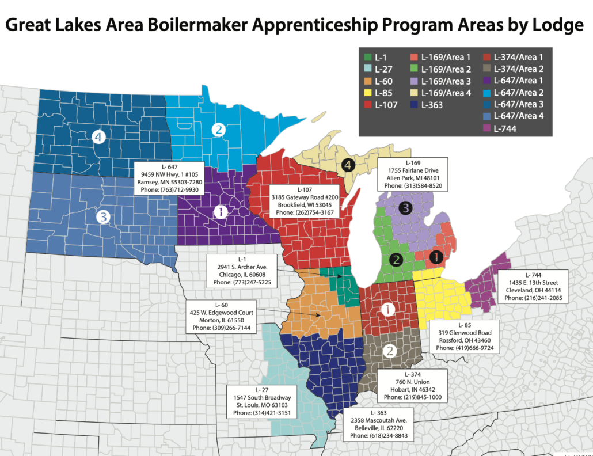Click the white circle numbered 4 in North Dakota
coord(99,137)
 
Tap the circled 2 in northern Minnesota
coord(218,130)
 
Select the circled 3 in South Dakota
coord(103,216)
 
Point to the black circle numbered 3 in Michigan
coord(406,208)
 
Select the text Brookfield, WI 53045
coord(305,205)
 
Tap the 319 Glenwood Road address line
coord(463,333)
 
